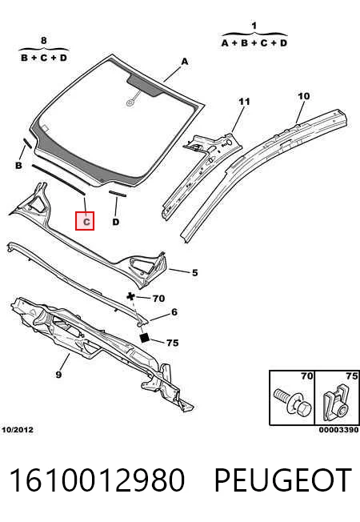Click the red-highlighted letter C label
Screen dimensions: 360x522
[x=85, y=221]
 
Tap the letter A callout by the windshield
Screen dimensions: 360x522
[x=185, y=62]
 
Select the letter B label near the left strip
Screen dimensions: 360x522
[x=19, y=165]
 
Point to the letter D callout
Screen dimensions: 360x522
[x=115, y=222]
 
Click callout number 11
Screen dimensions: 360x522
[x=244, y=102]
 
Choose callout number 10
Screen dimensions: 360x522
[x=303, y=96]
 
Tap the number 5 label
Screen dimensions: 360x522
[x=195, y=273]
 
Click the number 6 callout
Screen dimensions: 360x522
[x=174, y=312]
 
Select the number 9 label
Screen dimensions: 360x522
[x=58, y=375]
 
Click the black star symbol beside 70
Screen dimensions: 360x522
[x=131, y=296]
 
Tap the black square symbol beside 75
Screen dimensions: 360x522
[x=145, y=338]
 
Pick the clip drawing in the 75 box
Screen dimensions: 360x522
[x=337, y=402]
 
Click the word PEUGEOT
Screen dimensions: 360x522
[x=283, y=480]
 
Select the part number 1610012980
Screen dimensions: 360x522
[x=97, y=480]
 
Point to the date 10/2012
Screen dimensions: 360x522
[x=18, y=430]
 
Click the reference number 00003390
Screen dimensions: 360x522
[x=338, y=430]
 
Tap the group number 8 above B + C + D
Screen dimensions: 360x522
[x=44, y=41]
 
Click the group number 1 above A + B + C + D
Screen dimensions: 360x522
[x=254, y=26]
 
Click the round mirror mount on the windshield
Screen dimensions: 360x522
[x=130, y=102]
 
